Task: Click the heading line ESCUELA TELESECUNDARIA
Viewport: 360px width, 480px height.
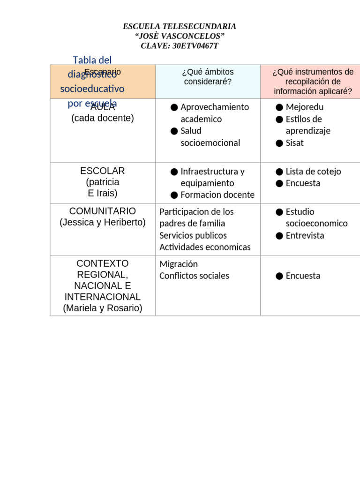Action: click(180, 27)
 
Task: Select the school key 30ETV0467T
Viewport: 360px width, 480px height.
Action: click(195, 46)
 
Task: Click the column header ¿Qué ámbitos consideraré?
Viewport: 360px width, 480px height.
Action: click(208, 76)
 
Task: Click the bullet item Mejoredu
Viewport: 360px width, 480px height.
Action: click(304, 107)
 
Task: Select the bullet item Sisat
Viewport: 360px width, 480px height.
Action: click(294, 143)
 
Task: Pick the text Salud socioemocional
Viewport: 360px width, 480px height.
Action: click(210, 137)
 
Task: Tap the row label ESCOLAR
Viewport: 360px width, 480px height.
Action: click(102, 171)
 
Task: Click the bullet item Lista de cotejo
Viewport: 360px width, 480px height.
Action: click(313, 172)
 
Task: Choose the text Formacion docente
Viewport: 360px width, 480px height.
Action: click(217, 195)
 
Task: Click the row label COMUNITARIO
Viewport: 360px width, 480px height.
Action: click(102, 211)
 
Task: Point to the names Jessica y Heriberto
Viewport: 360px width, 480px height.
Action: click(102, 223)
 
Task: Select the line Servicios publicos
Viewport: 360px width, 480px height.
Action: click(193, 235)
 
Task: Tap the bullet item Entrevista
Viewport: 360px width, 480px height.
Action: click(305, 235)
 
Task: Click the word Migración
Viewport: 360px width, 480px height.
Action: click(179, 264)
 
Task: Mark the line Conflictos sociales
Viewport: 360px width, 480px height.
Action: click(194, 276)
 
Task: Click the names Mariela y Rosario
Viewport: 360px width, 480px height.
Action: click(102, 308)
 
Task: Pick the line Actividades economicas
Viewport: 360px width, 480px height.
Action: click(205, 247)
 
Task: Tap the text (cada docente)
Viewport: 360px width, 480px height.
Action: click(102, 118)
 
